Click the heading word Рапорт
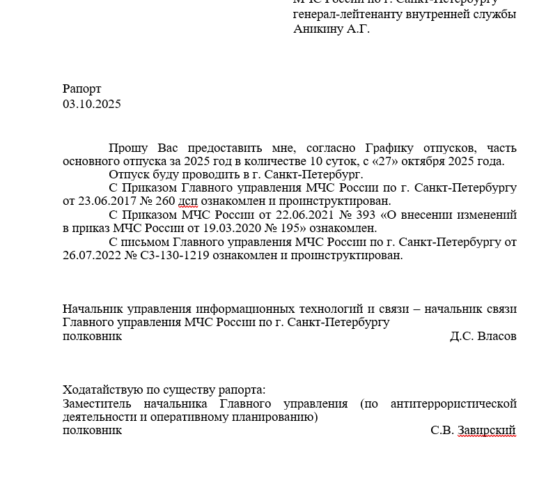(x=81, y=89)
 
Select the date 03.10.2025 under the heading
(x=91, y=105)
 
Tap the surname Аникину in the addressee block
(x=318, y=29)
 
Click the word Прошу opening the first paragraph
(x=127, y=148)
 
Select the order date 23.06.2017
(x=104, y=201)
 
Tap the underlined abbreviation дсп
(x=188, y=201)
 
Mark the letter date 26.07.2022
(x=91, y=255)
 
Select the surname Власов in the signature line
(x=497, y=337)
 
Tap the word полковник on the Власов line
(x=92, y=337)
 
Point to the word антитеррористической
(x=453, y=404)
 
